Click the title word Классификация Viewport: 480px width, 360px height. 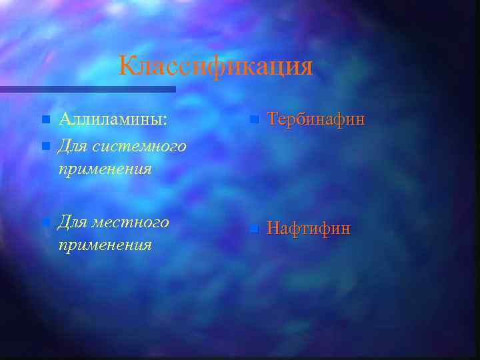point(215,67)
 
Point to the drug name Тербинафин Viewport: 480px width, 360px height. point(315,120)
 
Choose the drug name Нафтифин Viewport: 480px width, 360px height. point(308,229)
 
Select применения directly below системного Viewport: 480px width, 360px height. point(105,169)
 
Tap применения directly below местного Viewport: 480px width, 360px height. point(105,245)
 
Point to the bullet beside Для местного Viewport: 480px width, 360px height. point(45,221)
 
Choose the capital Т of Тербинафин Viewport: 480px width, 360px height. point(272,120)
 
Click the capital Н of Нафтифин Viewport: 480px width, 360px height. point(273,229)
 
